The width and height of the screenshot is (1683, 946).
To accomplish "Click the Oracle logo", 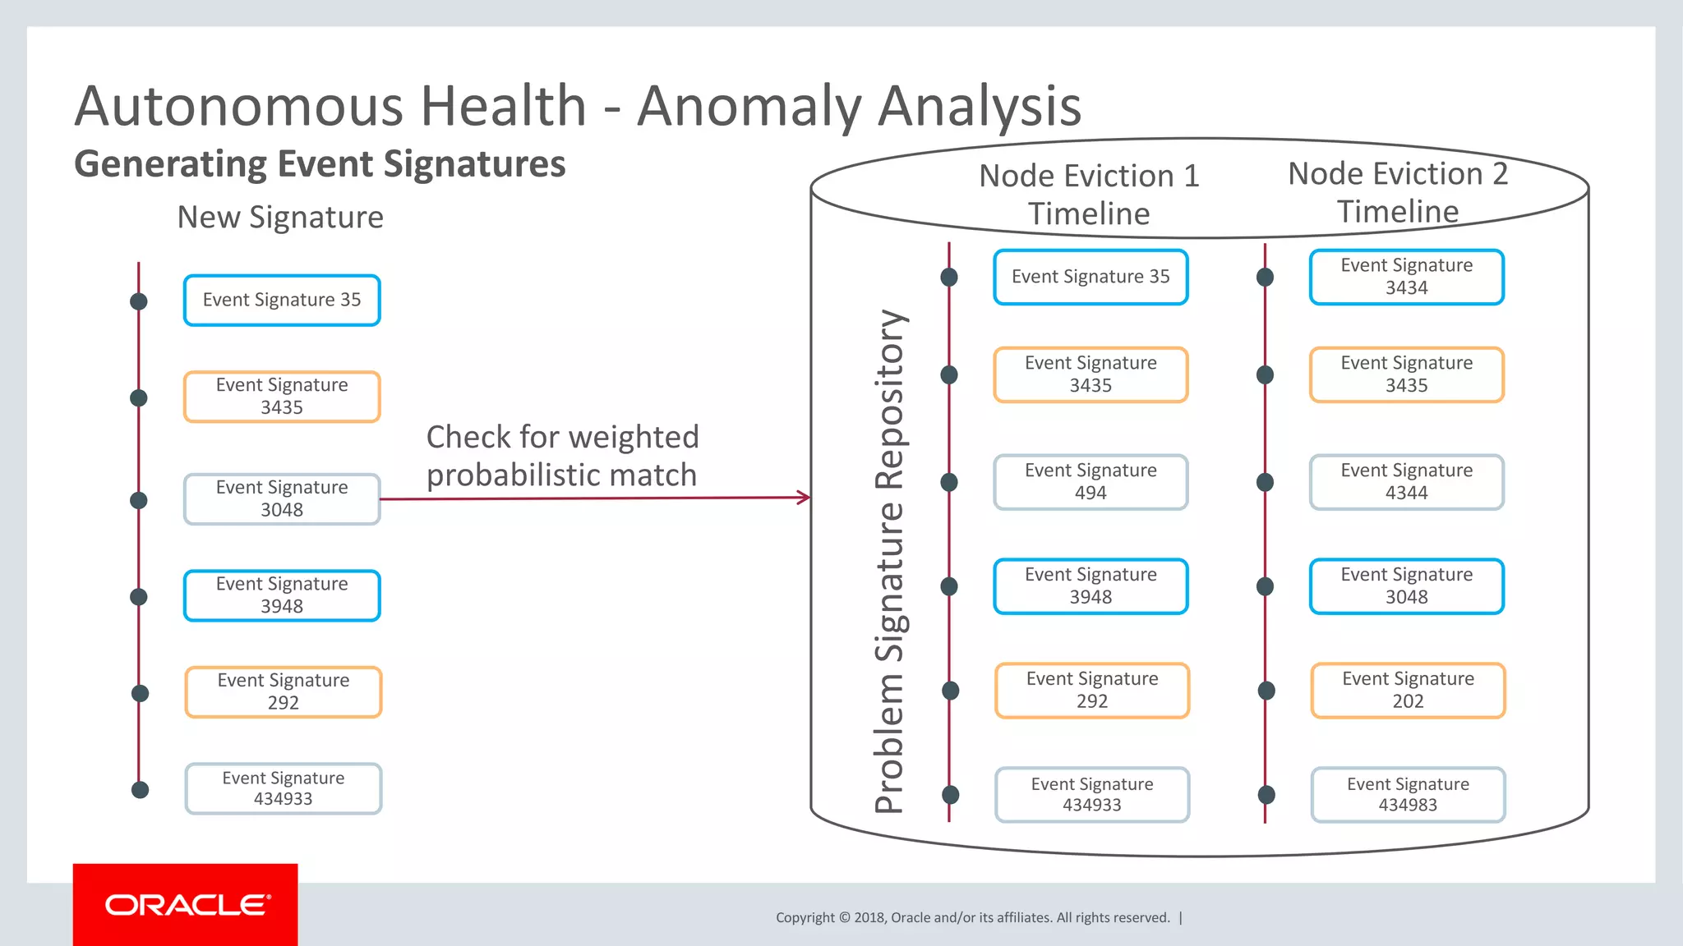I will click(186, 904).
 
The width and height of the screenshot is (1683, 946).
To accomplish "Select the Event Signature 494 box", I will click(1090, 482).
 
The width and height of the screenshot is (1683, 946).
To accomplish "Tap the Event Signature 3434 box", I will click(1406, 277).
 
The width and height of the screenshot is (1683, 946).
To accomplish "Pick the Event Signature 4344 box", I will click(1406, 482).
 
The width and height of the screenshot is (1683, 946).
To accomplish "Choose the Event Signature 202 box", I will click(1408, 691).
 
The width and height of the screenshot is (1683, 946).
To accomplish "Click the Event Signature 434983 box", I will click(1408, 795).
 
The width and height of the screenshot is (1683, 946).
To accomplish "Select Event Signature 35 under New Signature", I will click(282, 301).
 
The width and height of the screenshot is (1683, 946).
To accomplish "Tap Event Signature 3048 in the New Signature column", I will click(282, 499).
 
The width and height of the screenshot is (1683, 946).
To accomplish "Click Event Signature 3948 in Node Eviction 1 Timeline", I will click(1090, 586).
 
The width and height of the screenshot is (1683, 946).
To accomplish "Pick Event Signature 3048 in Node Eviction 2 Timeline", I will click(1406, 586).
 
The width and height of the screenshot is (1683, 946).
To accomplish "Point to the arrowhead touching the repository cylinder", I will click(805, 497).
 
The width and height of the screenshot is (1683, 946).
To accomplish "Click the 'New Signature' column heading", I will click(280, 218).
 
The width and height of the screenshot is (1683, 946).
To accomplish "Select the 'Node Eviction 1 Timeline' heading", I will click(1089, 195).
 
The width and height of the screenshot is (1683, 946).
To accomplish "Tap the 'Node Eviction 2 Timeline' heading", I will click(1398, 192).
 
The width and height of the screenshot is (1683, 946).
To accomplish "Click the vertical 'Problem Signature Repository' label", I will click(890, 562).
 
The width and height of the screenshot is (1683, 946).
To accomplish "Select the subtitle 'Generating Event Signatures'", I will click(320, 164).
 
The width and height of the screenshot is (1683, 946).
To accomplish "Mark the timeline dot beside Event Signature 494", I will click(949, 482).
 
